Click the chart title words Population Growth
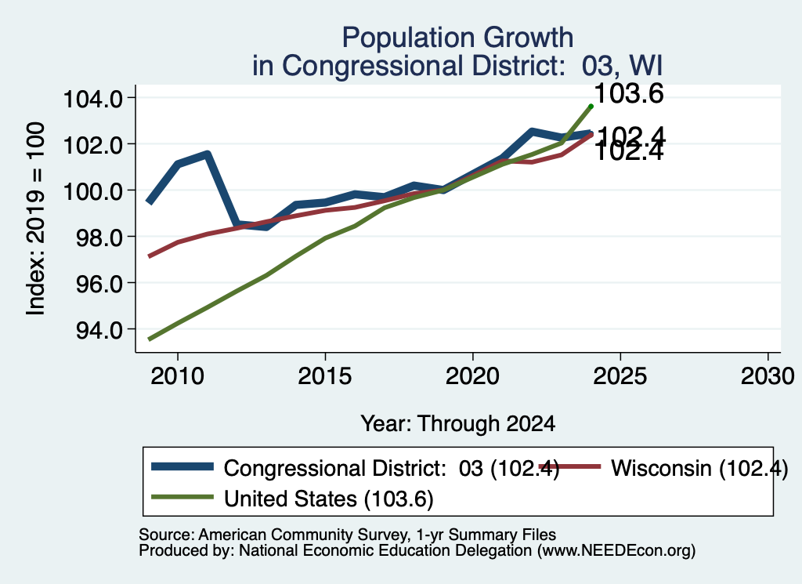457,38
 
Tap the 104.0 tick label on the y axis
92,98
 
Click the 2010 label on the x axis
178,376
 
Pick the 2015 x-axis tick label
325,376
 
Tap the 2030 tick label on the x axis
768,376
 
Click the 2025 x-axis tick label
620,376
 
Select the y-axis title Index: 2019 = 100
35,219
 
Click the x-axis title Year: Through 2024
457,424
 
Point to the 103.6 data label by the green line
629,93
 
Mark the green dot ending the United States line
591,107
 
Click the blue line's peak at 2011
207,154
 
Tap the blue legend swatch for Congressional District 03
182,466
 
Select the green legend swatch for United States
182,496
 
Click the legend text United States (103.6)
328,499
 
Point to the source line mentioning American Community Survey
347,535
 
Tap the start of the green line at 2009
149,339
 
